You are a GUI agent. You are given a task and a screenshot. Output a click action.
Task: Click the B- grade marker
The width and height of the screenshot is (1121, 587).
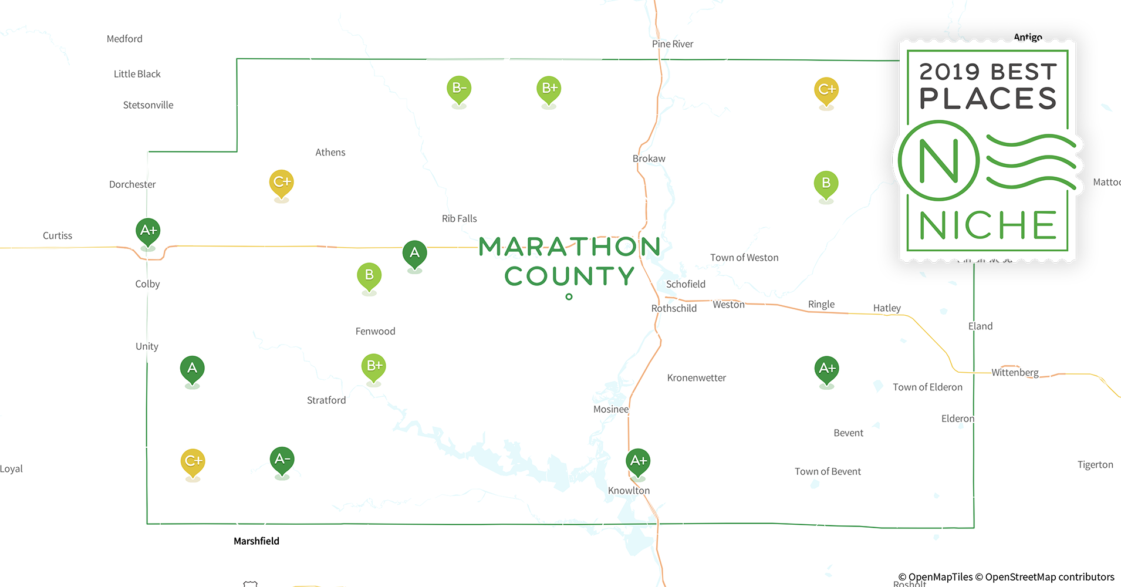point(459,89)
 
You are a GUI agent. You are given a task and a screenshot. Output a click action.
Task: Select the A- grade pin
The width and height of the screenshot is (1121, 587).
point(282,460)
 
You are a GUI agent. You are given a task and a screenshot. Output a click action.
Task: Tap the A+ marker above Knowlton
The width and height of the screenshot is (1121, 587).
point(638,461)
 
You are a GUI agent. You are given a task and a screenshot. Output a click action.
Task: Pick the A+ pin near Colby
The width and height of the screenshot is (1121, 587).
point(148,231)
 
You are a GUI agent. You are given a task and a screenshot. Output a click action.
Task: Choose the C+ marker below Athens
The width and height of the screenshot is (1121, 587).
point(282,183)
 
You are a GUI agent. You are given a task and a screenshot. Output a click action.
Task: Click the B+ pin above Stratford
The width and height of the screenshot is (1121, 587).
point(374,366)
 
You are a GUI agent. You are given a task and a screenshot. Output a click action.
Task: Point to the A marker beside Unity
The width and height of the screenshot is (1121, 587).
point(192,369)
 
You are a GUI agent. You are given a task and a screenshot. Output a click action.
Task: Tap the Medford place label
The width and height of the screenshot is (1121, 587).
point(124,39)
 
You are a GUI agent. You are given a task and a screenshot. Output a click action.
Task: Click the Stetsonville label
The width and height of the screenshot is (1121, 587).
point(148,105)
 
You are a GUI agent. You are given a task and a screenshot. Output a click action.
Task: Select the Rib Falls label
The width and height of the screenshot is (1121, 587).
point(459,218)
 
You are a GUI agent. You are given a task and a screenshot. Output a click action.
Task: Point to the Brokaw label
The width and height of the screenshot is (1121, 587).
point(649,158)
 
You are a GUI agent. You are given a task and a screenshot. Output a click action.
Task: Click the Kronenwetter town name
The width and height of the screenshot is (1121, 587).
point(696,378)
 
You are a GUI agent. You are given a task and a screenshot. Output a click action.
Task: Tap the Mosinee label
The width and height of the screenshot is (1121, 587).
point(610,409)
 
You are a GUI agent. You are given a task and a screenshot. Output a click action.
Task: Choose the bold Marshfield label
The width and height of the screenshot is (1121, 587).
point(256,541)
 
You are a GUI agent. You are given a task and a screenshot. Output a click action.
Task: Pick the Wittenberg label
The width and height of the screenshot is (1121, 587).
point(1015,372)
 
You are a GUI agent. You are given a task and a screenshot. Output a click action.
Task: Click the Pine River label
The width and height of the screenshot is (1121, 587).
point(672,44)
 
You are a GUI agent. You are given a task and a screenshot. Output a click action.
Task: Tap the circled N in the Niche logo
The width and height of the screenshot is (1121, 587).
point(938,161)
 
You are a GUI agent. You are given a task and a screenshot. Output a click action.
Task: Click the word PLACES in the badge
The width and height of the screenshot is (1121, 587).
point(988,99)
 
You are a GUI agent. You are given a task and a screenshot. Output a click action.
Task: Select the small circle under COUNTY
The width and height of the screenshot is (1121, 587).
point(569,297)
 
